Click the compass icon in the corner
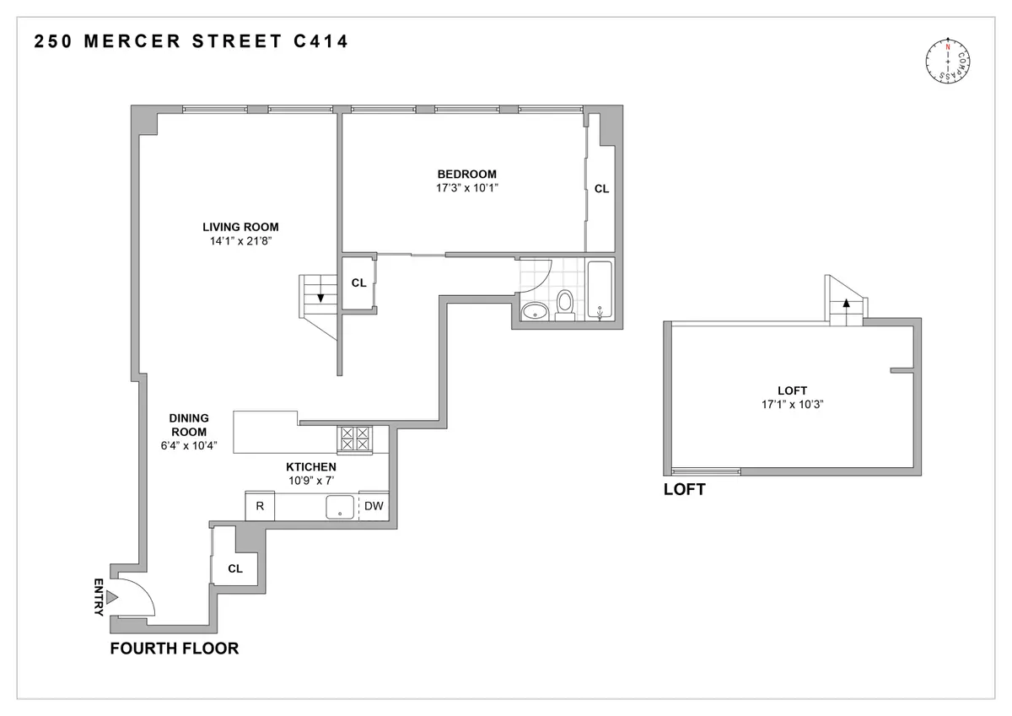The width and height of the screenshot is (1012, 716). pyautogui.click(x=949, y=62)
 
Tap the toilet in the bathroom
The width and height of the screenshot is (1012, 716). pyautogui.click(x=565, y=304)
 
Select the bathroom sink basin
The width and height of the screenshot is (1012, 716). pyautogui.click(x=533, y=312)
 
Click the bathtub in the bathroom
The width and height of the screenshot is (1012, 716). pyautogui.click(x=600, y=291)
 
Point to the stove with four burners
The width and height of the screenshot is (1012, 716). pyautogui.click(x=354, y=439)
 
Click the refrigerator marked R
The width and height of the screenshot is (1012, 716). pyautogui.click(x=260, y=506)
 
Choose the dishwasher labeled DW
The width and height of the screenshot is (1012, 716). pyautogui.click(x=374, y=506)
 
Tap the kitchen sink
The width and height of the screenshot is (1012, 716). pyautogui.click(x=340, y=506)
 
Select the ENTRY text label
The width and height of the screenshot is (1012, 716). pyautogui.click(x=99, y=597)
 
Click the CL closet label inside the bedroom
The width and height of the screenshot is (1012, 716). pyautogui.click(x=601, y=190)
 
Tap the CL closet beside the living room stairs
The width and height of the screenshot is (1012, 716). pyautogui.click(x=358, y=283)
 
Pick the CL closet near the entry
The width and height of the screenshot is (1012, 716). pyautogui.click(x=235, y=569)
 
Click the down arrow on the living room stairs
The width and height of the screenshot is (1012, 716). pyautogui.click(x=320, y=294)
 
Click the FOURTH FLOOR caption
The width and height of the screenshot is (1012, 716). pyautogui.click(x=175, y=649)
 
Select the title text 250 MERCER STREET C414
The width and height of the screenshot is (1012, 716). pyautogui.click(x=191, y=41)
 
